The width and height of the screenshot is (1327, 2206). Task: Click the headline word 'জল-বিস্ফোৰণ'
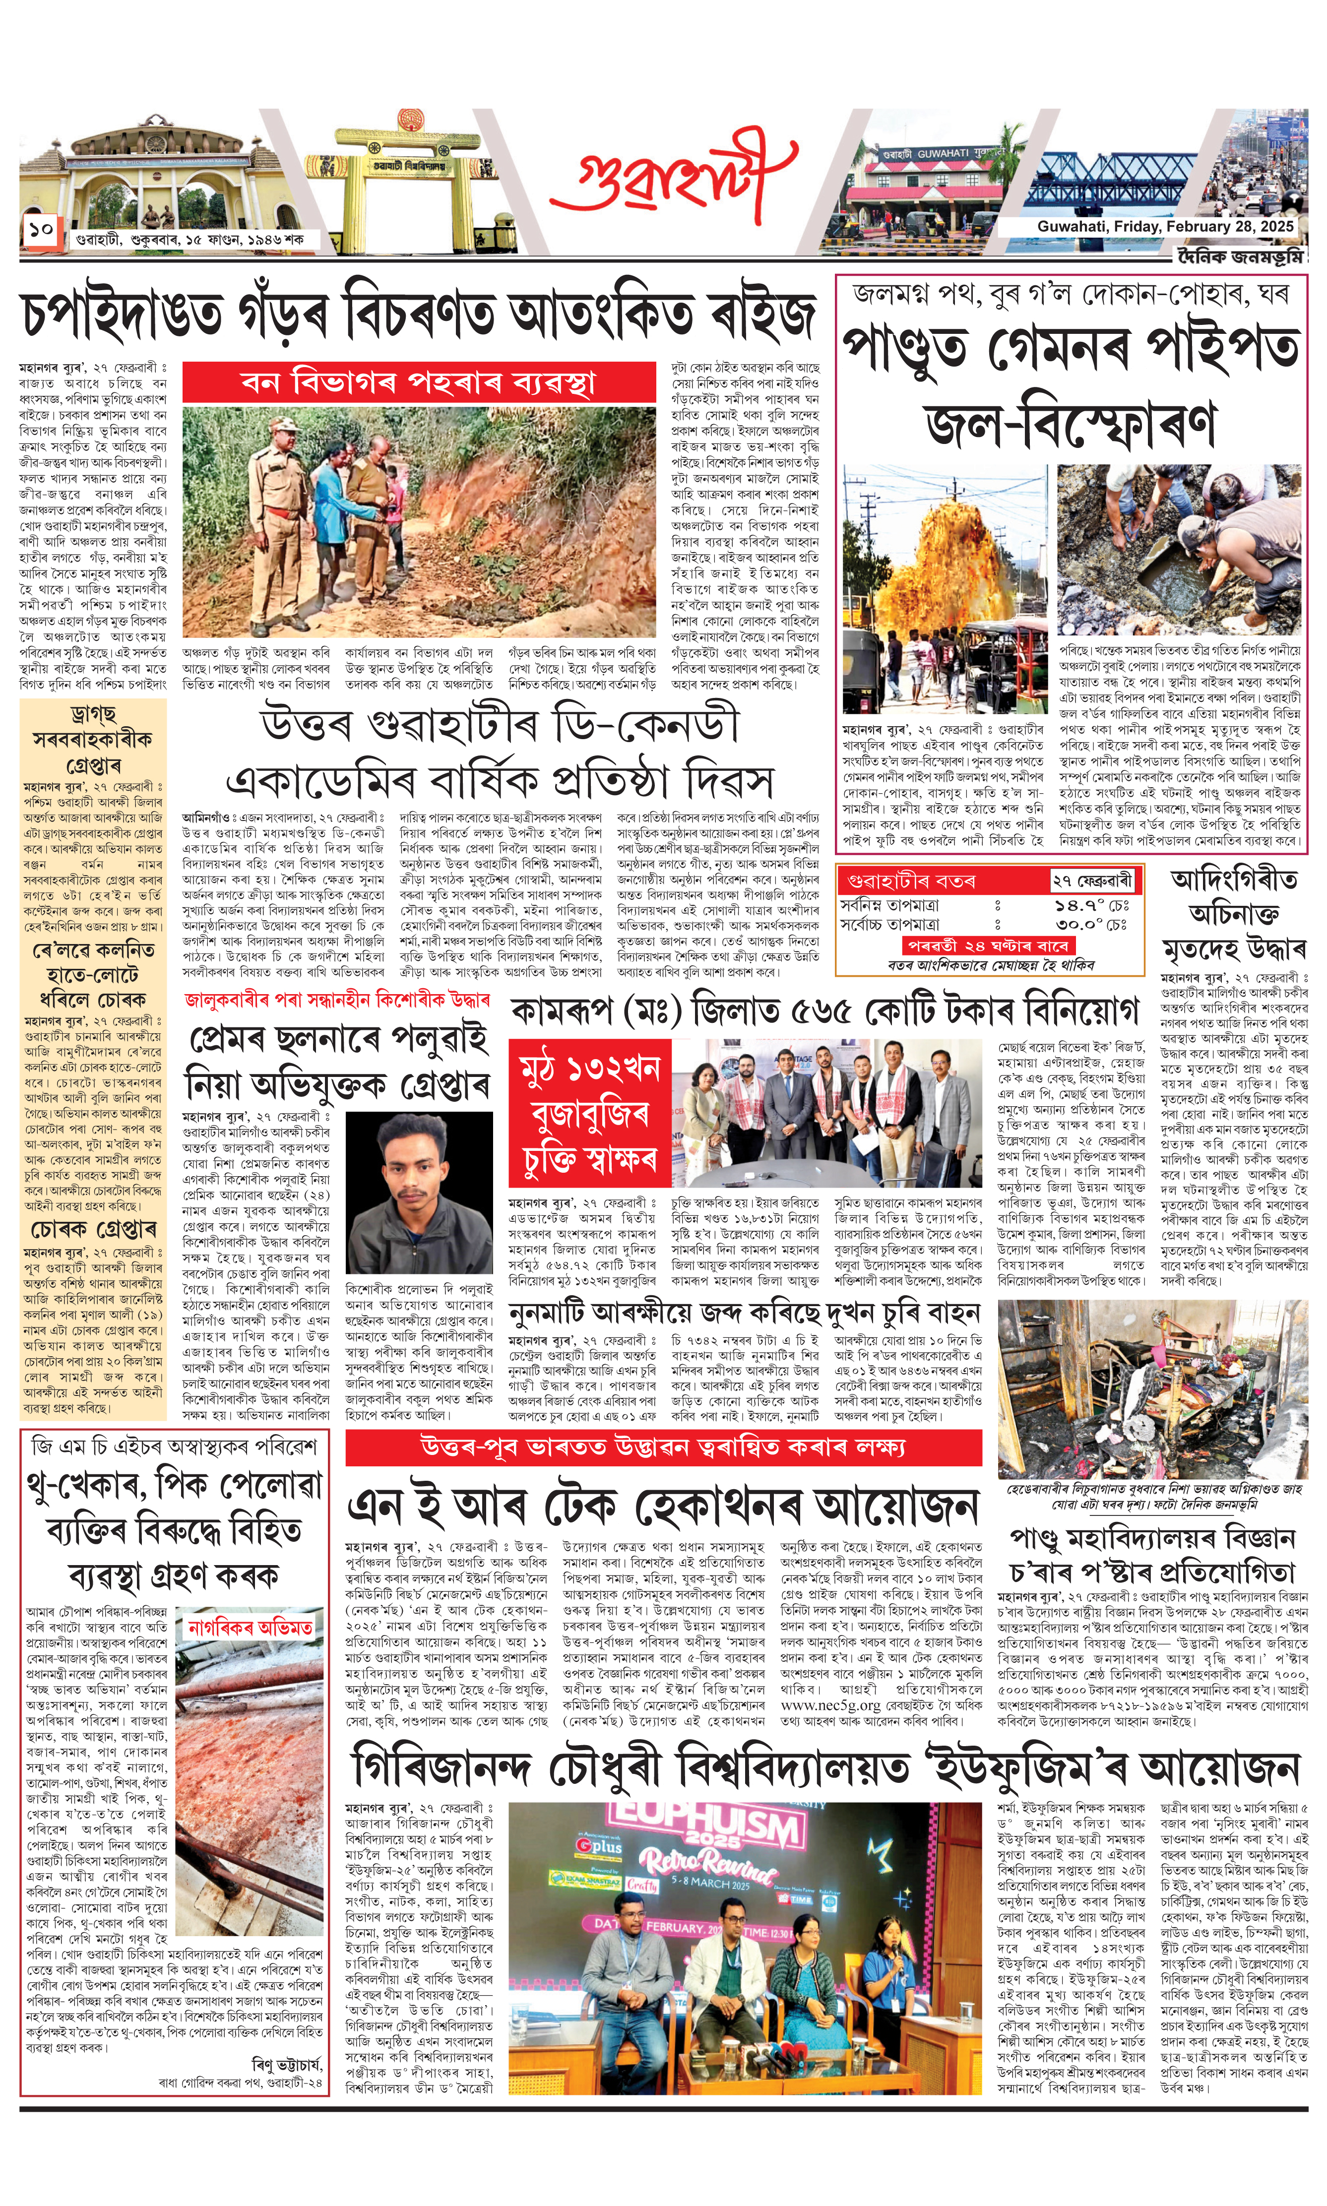(x=1071, y=423)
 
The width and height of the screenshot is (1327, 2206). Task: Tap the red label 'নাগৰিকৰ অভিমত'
(x=251, y=1629)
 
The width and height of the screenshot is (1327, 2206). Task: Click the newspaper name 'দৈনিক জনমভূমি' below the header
(x=1239, y=256)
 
